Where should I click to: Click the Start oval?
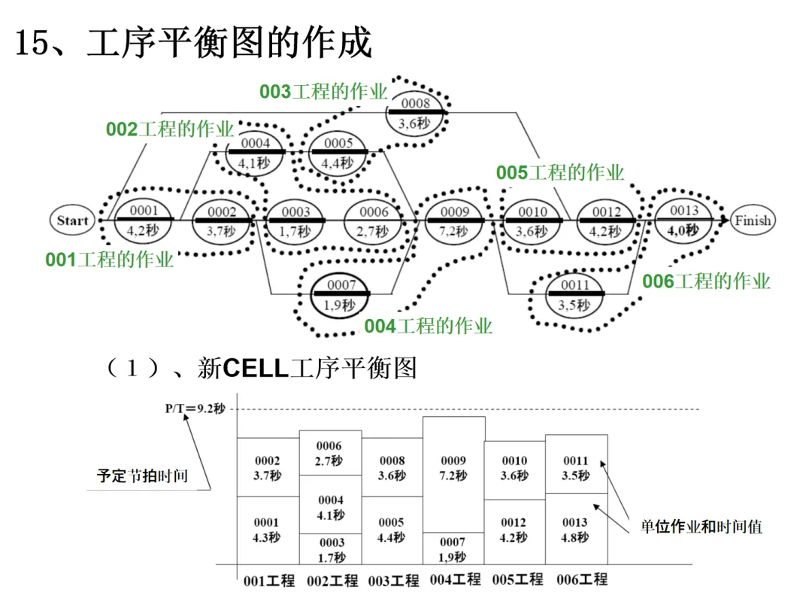73,220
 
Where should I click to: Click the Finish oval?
753,220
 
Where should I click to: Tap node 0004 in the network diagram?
256,152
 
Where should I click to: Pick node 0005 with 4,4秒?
338,152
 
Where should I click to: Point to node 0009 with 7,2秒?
455,221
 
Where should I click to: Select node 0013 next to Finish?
683,220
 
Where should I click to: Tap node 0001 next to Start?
144,220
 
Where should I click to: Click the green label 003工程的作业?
323,92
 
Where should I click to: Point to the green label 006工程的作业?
706,281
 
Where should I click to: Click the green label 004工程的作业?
428,326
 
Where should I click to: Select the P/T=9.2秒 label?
195,409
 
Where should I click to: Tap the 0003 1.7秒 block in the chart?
331,549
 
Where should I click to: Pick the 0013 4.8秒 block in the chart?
576,530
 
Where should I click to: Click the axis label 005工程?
517,579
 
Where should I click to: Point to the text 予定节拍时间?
142,476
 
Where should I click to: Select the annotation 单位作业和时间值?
701,526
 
